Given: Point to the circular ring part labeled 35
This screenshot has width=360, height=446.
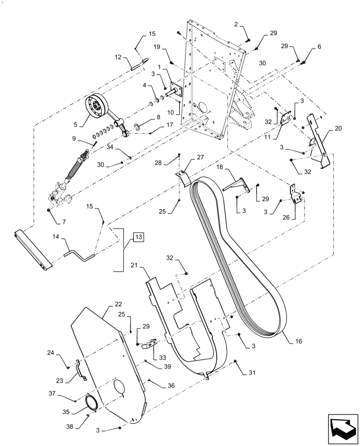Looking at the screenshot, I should click(x=93, y=402).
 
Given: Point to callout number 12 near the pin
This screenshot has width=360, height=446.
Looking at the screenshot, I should click(x=118, y=57).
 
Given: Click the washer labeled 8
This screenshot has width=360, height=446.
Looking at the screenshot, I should click(x=138, y=128).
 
